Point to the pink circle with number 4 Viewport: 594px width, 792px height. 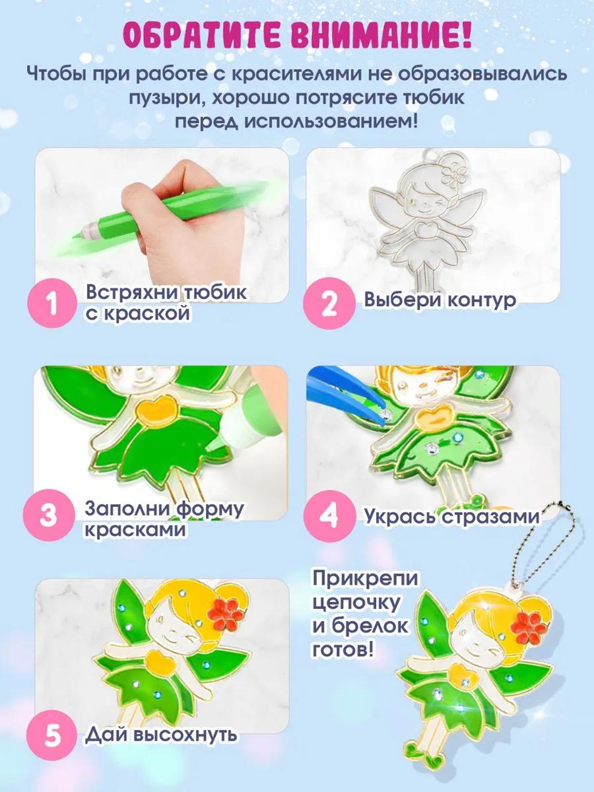pyautogui.click(x=328, y=515)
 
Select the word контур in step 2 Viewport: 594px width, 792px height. pyautogui.click(x=482, y=300)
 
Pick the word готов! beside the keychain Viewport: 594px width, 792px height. pyautogui.click(x=343, y=651)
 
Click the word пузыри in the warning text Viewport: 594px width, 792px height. pyautogui.click(x=166, y=99)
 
